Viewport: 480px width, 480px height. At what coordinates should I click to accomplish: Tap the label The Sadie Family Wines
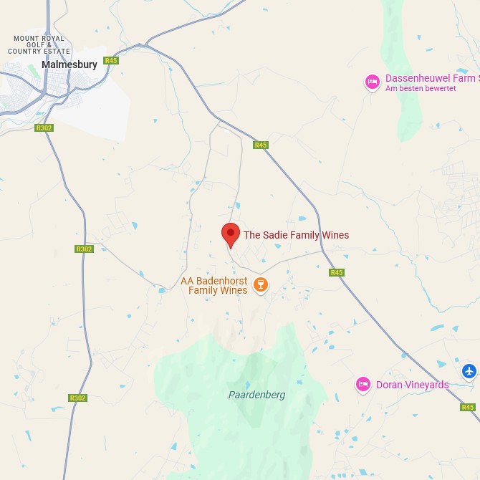click(x=296, y=235)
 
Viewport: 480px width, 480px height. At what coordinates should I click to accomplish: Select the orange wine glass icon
click(x=261, y=285)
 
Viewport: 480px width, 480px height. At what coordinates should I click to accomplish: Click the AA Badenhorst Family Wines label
click(x=213, y=285)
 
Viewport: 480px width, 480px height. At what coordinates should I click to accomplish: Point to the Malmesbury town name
click(x=69, y=64)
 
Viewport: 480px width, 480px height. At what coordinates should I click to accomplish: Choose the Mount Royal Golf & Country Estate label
click(x=39, y=45)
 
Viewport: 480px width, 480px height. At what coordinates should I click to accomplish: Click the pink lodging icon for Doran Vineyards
click(x=363, y=385)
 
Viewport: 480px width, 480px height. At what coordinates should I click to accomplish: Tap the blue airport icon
click(x=469, y=370)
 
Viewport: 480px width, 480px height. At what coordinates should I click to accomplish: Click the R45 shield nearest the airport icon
click(x=468, y=407)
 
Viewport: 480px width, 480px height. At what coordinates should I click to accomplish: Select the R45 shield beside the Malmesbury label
click(x=110, y=61)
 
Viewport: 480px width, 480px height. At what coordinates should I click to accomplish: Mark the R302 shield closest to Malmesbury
click(x=44, y=128)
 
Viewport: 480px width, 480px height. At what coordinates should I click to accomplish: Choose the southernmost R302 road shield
click(x=77, y=398)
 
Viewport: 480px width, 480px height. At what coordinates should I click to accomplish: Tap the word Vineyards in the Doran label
click(x=426, y=385)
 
